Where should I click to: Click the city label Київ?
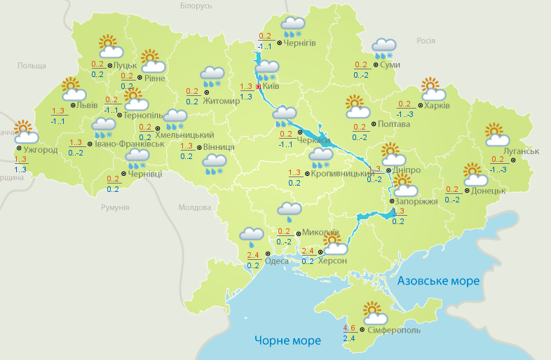point(271,86)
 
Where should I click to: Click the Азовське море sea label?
point(438,281)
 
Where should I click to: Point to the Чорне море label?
point(287,340)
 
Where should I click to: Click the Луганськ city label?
point(521,151)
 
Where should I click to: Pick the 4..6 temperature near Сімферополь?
point(349,328)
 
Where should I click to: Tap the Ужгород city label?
point(40,150)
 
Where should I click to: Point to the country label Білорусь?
point(196,6)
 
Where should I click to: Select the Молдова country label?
point(194,208)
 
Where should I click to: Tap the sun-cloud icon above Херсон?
point(334,244)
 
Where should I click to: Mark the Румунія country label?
point(115,208)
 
